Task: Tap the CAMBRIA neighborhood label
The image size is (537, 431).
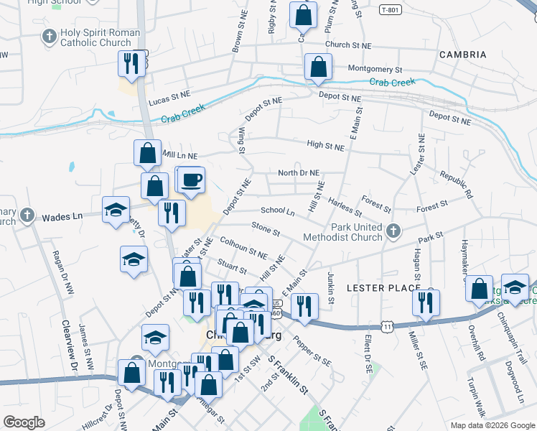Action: click(x=462, y=55)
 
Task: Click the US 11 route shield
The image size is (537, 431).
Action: click(x=388, y=327)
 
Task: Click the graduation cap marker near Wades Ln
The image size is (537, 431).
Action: click(x=115, y=210)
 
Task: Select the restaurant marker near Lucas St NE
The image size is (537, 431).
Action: click(x=131, y=62)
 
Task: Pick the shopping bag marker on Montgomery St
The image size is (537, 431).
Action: click(x=317, y=67)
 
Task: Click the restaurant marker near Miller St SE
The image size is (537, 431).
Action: click(x=424, y=303)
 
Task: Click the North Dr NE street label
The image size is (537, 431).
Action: click(x=299, y=173)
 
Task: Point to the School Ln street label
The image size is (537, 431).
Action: click(x=278, y=211)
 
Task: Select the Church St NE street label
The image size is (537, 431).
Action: click(x=348, y=45)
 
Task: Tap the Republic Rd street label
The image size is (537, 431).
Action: click(x=457, y=185)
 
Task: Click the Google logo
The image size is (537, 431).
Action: click(x=24, y=422)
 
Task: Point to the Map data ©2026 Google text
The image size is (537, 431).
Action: click(x=492, y=425)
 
